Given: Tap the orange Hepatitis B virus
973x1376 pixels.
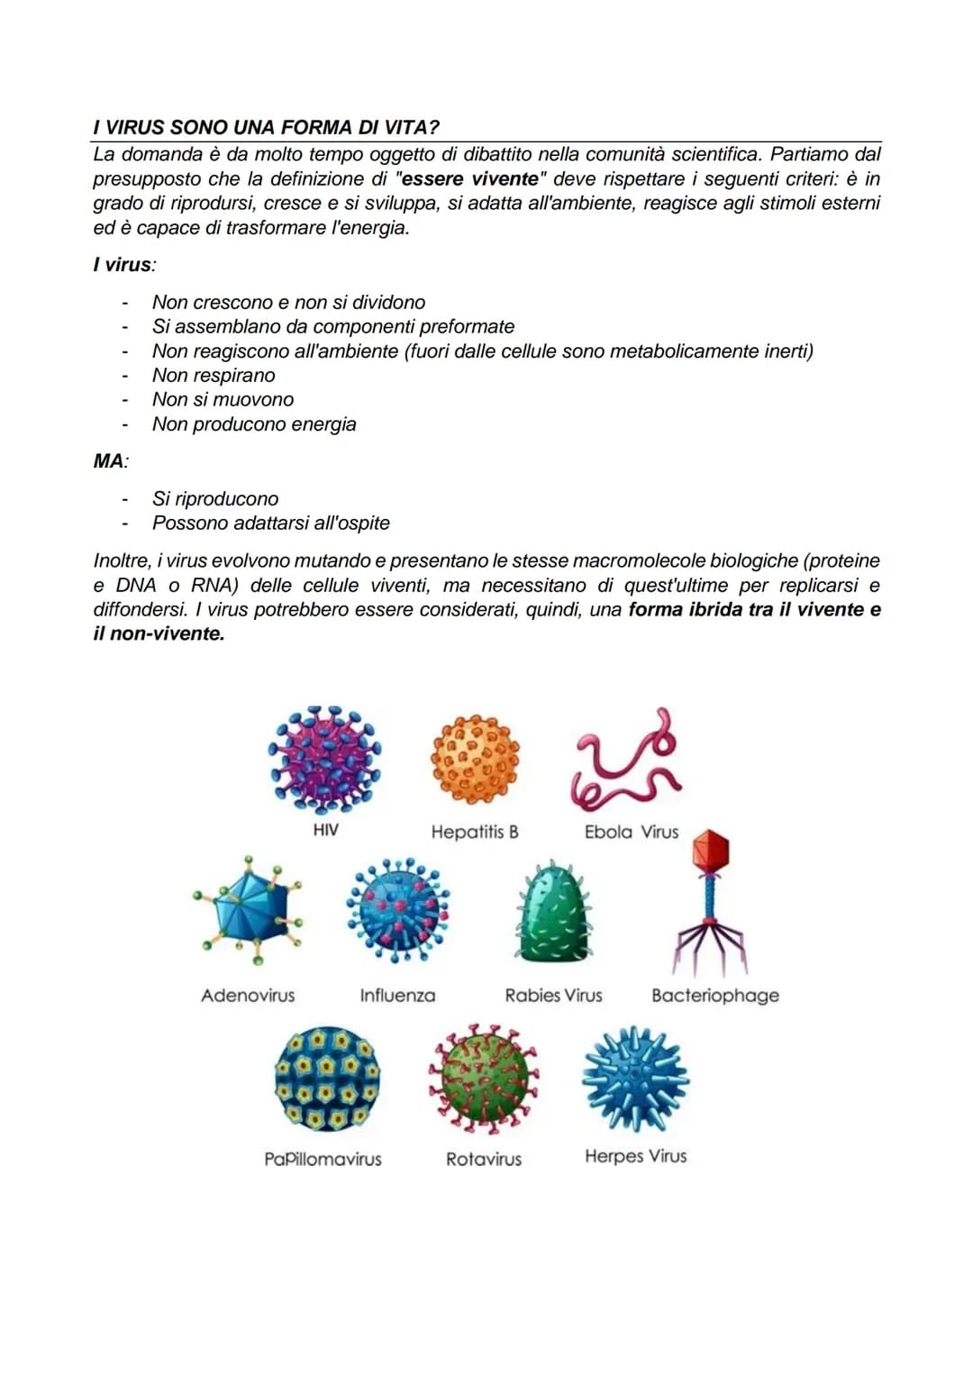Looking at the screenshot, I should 476,760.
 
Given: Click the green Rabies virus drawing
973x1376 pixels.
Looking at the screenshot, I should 554,912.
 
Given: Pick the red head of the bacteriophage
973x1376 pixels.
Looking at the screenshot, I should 711,850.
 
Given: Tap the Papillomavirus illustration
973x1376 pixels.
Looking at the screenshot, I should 326,1080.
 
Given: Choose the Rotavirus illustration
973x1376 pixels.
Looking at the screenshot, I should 482,1078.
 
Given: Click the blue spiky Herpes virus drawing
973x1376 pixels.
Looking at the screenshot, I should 635,1078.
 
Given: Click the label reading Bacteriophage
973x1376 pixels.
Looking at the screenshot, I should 714,996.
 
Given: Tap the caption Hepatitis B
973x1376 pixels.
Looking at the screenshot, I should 475,832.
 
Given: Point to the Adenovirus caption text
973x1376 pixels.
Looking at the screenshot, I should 248,996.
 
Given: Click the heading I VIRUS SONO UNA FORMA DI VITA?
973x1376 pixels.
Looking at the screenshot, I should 266,127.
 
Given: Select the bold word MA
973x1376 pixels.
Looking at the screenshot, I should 108,461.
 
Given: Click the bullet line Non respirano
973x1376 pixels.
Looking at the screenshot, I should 214,375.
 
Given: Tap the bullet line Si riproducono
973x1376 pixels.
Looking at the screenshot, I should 215,498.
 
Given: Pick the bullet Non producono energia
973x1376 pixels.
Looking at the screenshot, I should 254,424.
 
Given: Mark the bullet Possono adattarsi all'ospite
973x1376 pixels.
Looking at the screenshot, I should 270,523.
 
